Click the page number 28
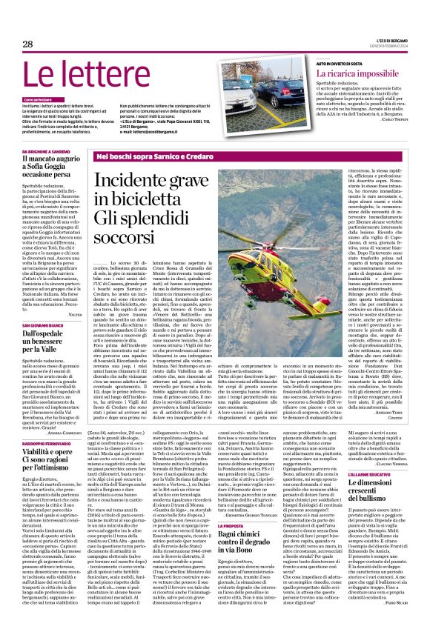point(27,44)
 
